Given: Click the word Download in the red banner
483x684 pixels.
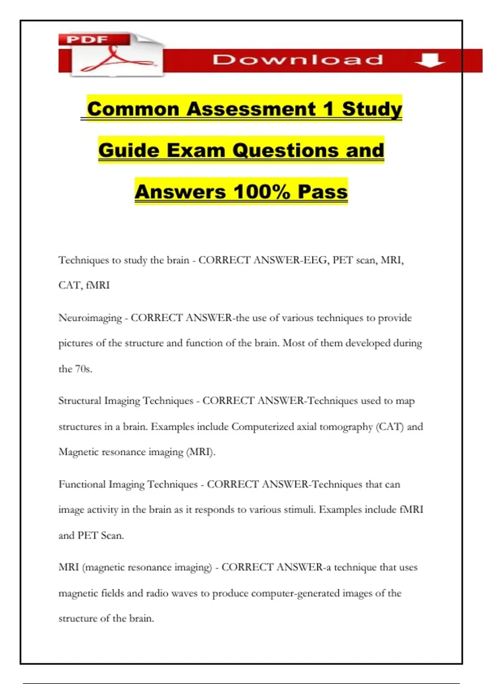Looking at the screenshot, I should [x=298, y=60].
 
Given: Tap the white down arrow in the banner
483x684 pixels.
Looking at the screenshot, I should [x=429, y=60].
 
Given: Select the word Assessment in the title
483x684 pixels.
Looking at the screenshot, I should [x=251, y=109].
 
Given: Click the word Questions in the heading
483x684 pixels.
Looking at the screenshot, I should [x=286, y=150].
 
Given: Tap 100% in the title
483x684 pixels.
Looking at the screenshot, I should [x=261, y=192].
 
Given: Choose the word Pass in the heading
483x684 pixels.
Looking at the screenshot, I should [x=322, y=192].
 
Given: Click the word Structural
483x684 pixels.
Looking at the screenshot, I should [x=79, y=401].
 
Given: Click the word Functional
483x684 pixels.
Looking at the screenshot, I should [x=82, y=484].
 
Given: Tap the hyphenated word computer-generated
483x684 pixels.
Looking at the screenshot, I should [x=295, y=593].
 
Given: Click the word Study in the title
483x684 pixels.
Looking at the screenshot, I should [x=372, y=109].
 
